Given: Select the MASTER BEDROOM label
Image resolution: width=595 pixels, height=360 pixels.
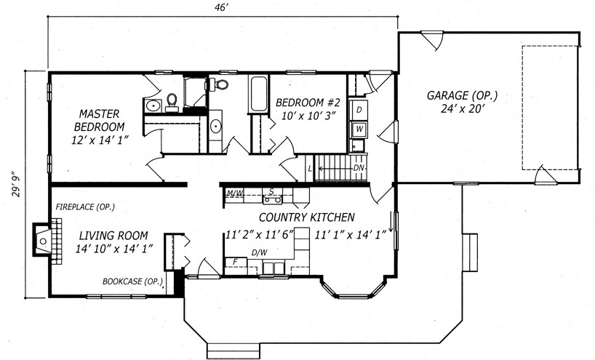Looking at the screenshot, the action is click(x=99, y=120).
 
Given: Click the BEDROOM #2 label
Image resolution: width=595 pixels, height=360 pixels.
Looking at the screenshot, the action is click(x=308, y=103).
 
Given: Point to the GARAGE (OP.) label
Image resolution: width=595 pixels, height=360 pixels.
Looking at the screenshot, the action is click(x=462, y=95).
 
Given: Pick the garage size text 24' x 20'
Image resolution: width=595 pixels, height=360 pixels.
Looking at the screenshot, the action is click(x=463, y=109).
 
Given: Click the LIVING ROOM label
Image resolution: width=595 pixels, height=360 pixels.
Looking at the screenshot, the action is click(x=113, y=236).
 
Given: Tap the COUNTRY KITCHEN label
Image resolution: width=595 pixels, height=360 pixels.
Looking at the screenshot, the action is click(x=307, y=217).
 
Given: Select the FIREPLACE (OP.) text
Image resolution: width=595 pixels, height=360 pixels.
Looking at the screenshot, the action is click(x=85, y=207).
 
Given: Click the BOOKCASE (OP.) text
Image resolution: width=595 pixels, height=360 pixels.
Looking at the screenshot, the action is click(x=133, y=281).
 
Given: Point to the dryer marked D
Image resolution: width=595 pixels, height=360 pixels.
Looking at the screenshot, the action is click(x=359, y=110).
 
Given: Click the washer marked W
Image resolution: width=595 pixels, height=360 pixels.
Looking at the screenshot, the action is click(x=359, y=129).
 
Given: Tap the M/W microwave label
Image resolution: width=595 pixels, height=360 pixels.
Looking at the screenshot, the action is click(x=235, y=193).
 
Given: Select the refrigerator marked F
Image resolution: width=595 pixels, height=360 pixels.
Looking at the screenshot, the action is click(x=236, y=262).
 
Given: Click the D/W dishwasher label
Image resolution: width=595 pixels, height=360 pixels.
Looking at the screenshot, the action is click(x=259, y=252).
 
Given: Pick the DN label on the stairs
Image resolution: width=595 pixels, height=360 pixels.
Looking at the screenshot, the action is click(x=359, y=168).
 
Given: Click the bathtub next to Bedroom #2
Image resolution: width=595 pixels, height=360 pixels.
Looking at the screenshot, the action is click(x=258, y=93).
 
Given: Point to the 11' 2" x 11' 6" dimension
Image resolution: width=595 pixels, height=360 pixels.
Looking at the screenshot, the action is click(x=260, y=235).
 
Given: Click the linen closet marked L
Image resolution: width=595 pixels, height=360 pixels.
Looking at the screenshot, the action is click(x=310, y=168).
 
